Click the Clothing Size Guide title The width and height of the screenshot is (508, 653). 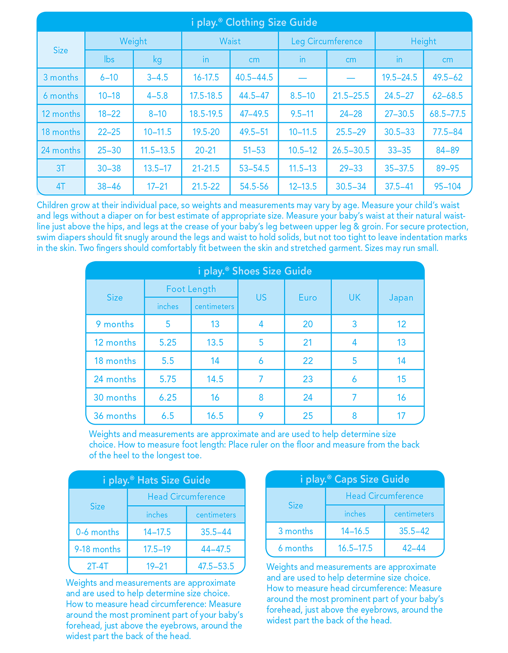[x=254, y=22]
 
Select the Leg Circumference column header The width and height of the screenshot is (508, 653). [x=327, y=41]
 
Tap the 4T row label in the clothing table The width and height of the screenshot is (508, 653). [x=61, y=186]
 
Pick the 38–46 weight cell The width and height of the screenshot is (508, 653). [x=109, y=186]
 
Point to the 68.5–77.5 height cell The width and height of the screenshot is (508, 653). [x=447, y=114]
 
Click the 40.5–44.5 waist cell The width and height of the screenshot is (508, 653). [x=254, y=77]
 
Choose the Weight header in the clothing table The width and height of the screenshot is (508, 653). [x=133, y=41]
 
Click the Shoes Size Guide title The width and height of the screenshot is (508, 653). [x=255, y=271]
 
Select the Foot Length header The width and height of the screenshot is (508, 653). [x=191, y=289]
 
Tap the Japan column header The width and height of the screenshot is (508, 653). [x=401, y=297]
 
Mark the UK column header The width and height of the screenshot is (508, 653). [x=354, y=297]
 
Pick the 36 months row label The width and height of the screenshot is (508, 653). [x=115, y=416]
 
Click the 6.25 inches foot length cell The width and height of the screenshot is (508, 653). [x=168, y=398]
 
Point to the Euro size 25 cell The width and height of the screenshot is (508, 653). [x=308, y=416]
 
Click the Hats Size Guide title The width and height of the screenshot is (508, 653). [x=157, y=480]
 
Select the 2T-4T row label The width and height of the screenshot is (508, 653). [x=97, y=566]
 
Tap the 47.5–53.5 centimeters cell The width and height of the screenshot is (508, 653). [x=216, y=566]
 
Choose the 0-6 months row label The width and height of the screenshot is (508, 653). [x=97, y=532]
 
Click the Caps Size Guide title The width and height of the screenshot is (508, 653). [x=355, y=479]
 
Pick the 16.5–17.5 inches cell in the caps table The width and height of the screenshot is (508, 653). [x=355, y=548]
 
